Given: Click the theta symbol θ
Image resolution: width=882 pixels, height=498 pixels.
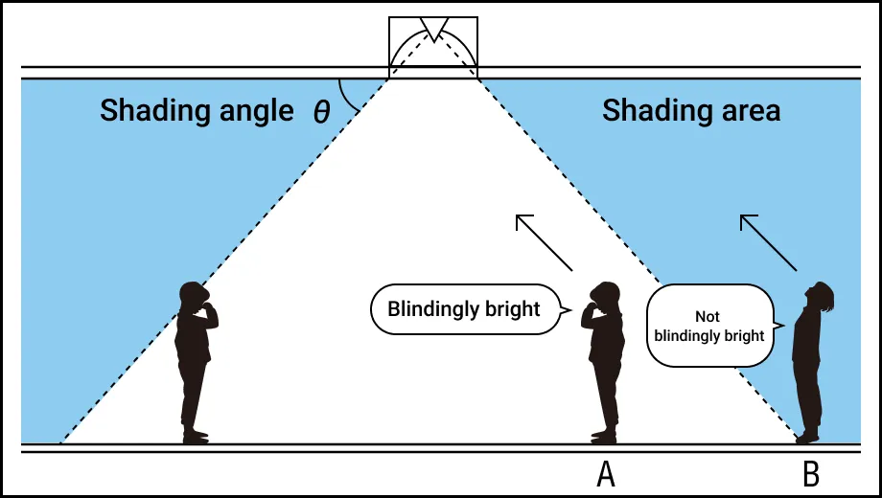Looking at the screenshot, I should click(x=321, y=113).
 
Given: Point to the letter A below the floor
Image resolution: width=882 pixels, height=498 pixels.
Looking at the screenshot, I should click(x=605, y=473).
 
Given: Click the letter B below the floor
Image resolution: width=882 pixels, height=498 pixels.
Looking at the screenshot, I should click(x=810, y=473).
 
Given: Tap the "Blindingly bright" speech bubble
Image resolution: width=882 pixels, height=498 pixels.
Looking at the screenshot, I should click(x=464, y=309).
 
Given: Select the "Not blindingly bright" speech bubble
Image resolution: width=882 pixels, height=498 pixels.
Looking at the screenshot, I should click(x=709, y=327).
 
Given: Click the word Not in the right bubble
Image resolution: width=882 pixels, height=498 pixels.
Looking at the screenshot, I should click(x=708, y=316).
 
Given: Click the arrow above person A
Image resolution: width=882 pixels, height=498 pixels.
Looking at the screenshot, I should click(x=544, y=242).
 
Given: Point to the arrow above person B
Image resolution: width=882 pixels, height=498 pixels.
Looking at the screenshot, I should click(x=768, y=241).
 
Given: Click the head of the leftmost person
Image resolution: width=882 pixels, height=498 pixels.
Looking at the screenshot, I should click(x=195, y=296).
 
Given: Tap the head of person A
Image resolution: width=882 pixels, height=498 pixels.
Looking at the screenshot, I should click(x=606, y=296).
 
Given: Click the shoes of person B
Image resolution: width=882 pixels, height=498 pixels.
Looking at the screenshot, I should click(x=806, y=438).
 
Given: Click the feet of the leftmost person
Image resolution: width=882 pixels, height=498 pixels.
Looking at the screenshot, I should click(x=195, y=436).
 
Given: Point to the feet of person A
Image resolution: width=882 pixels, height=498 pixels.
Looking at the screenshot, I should click(x=604, y=436).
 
